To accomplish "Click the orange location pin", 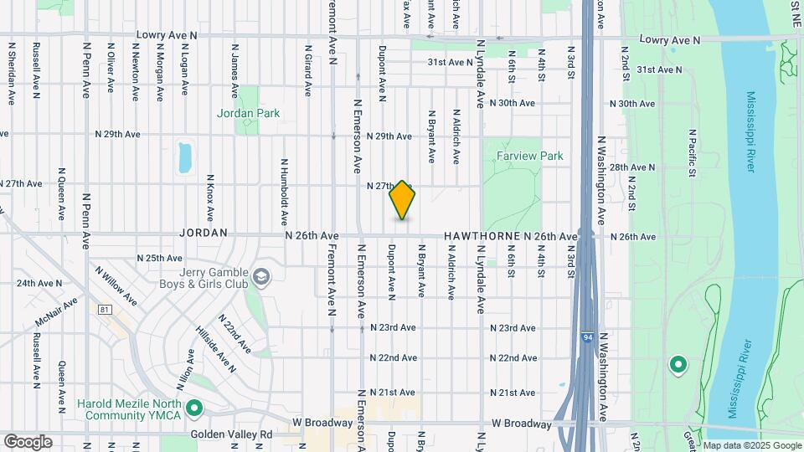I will point(402,200).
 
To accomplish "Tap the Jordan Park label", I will point(248,112).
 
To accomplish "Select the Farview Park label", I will point(529,156).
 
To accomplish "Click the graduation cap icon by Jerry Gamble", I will point(262,277).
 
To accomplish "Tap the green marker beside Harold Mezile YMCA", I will point(194,408).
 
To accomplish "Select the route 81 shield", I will point(104,310).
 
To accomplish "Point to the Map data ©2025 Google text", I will point(751,445).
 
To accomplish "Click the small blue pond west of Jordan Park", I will point(185,157).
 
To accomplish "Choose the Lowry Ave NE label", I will point(669,39).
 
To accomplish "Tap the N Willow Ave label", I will point(116,284).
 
